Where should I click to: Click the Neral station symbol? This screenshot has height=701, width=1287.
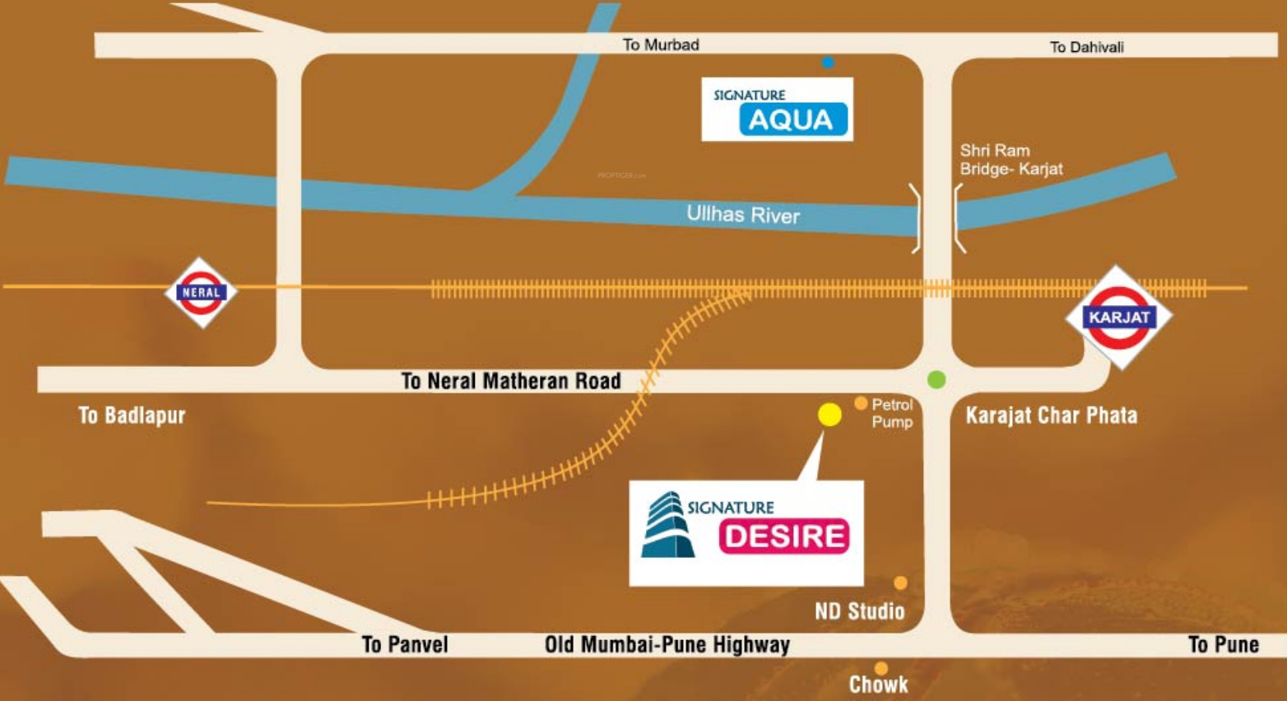click(x=201, y=292)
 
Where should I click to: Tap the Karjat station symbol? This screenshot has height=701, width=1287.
click(x=1118, y=317)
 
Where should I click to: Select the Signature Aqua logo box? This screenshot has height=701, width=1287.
click(x=778, y=109)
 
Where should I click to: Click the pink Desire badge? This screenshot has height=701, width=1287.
click(x=784, y=536)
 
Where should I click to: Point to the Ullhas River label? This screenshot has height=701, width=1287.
click(x=743, y=214)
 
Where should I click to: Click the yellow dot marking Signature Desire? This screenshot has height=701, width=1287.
click(x=829, y=415)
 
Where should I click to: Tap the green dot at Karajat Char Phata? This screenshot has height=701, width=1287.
click(x=936, y=379)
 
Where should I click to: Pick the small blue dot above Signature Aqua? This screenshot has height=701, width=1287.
click(x=827, y=62)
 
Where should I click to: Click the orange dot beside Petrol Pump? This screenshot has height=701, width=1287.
click(x=861, y=403)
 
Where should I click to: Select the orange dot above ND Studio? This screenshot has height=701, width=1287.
click(x=900, y=583)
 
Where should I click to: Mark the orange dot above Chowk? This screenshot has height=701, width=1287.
click(x=880, y=668)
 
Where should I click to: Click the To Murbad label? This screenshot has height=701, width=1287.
click(x=661, y=44)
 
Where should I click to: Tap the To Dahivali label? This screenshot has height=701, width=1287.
click(x=1086, y=47)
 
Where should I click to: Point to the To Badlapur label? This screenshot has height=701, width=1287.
click(x=132, y=415)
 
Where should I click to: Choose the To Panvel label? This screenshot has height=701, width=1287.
click(x=405, y=644)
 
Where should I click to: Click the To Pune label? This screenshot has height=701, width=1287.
click(x=1224, y=644)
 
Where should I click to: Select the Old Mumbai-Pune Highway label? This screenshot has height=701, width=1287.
click(x=667, y=645)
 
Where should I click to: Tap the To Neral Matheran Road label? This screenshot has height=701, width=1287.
click(x=511, y=380)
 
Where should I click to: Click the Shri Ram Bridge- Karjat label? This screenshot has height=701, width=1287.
click(x=1011, y=160)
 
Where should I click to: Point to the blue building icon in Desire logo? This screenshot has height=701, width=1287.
click(x=667, y=525)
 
